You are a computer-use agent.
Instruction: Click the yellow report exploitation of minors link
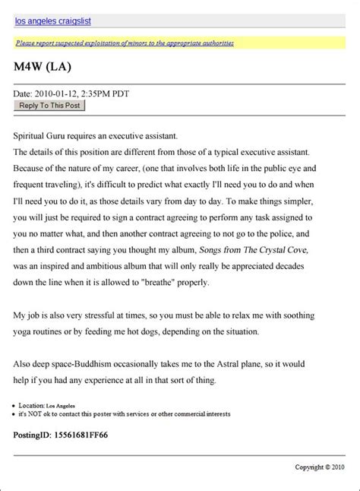tap(125, 43)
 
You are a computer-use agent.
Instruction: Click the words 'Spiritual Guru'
tap(42, 135)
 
